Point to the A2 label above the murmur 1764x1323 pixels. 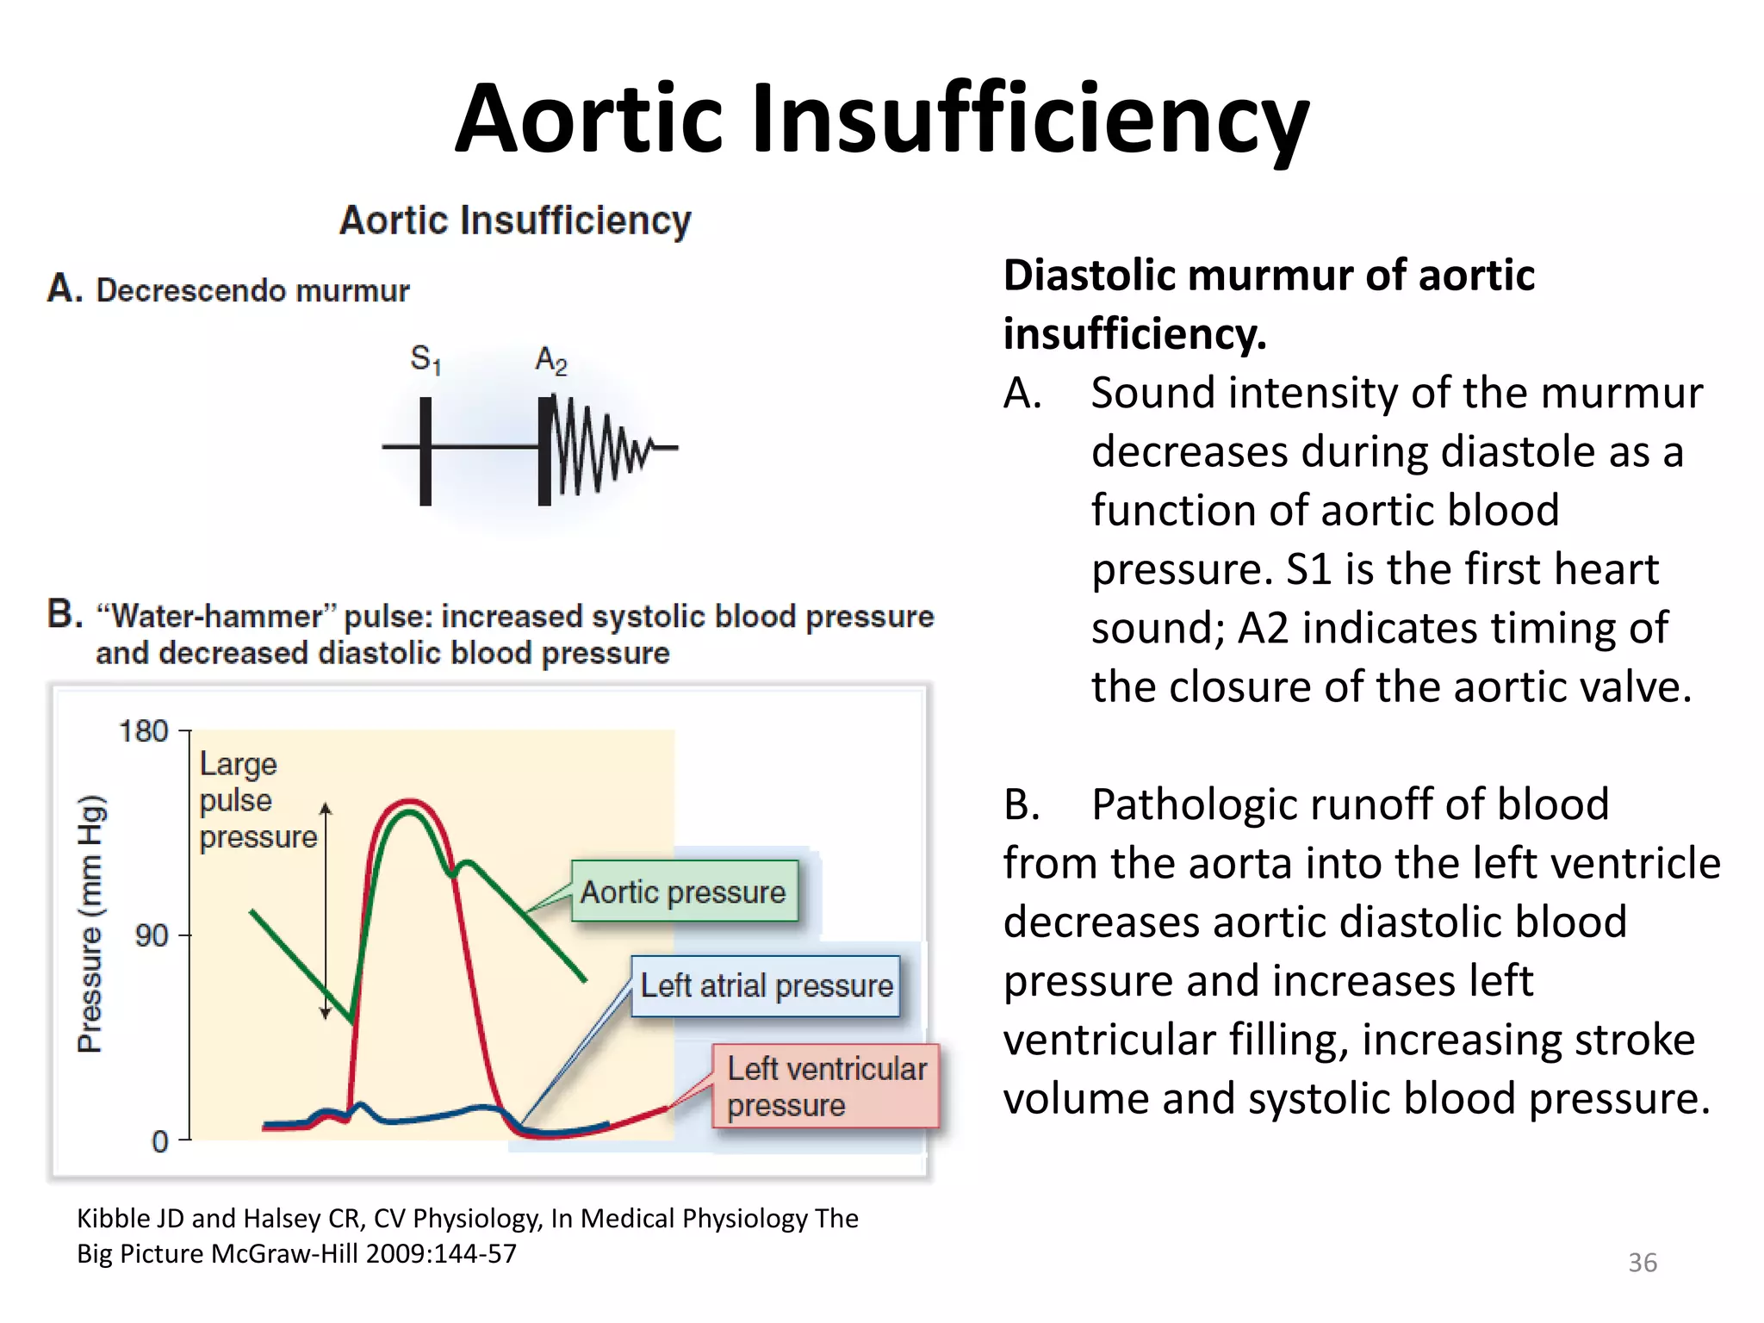tap(551, 360)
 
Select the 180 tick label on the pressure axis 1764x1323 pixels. tap(143, 731)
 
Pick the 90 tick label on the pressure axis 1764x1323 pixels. tap(152, 935)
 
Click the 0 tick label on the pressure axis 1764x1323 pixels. tap(160, 1141)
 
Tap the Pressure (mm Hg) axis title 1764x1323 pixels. tap(91, 923)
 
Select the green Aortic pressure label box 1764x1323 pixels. tap(684, 891)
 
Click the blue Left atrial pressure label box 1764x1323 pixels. tap(766, 985)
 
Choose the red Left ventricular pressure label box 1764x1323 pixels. tap(826, 1086)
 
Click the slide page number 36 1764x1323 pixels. tap(1642, 1263)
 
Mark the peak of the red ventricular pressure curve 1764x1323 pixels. tap(409, 801)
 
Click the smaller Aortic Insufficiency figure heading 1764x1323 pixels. tap(515, 220)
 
